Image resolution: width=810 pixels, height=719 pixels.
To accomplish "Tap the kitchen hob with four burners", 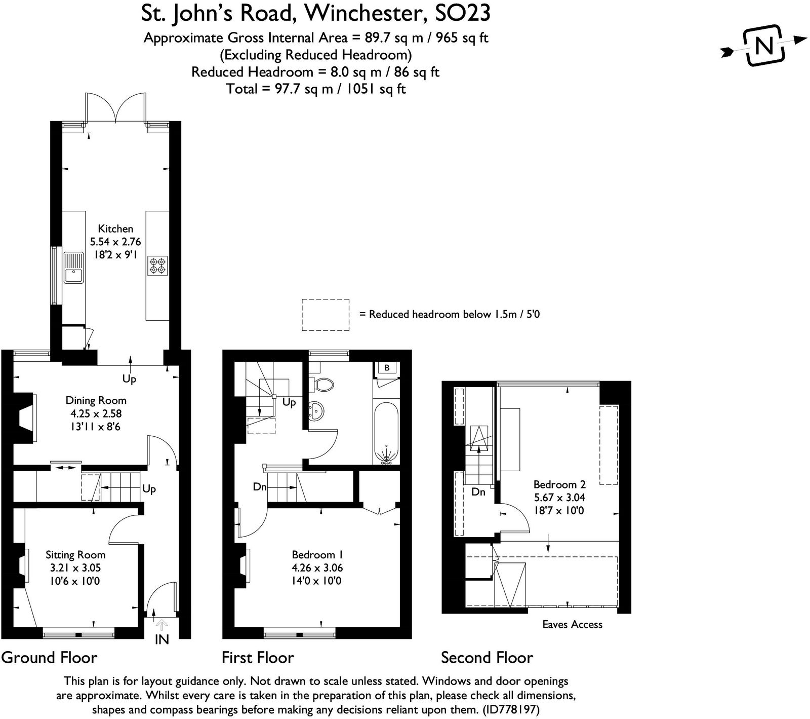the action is [x=157, y=266].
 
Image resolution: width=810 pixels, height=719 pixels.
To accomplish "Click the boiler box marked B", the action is [x=387, y=368].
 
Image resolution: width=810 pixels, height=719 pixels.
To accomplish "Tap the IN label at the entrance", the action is [x=161, y=639].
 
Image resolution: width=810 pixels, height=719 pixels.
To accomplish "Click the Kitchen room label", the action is [x=115, y=229].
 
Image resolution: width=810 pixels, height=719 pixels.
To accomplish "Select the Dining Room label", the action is [x=96, y=400].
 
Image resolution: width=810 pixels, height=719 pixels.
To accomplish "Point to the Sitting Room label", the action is [x=75, y=555].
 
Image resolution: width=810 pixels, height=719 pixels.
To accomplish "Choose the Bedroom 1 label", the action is [x=317, y=555].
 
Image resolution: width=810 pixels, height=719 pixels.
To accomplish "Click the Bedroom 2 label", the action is [x=559, y=484].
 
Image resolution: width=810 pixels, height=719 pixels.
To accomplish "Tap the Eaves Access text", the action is [x=573, y=624].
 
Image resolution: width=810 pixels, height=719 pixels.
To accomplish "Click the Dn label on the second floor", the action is [x=478, y=491].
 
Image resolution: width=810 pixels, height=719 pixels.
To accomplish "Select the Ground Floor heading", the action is [x=49, y=658].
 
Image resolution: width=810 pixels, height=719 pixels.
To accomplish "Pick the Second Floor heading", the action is [x=487, y=658].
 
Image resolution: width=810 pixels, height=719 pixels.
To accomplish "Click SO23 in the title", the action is [x=463, y=13].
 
